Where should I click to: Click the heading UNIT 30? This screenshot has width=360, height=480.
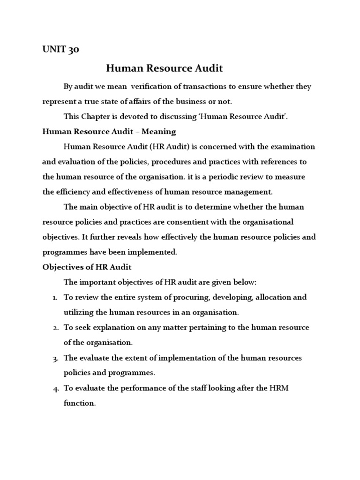60,50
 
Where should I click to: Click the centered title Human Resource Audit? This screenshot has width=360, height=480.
164,68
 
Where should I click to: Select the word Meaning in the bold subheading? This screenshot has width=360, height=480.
159,131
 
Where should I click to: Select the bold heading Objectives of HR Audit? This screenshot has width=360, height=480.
87,267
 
